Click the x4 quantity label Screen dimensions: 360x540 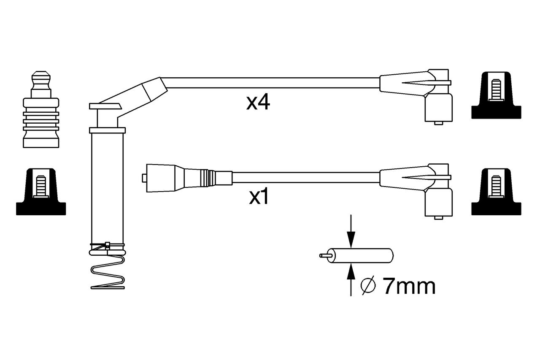point(258,103)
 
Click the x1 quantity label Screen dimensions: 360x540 point(259,197)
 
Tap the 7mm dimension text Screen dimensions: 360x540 point(409,287)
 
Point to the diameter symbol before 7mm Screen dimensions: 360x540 point(368,286)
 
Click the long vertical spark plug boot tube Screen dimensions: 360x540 point(107,186)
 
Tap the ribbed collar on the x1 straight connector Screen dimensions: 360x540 point(205,177)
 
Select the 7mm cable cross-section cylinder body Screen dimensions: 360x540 point(363,255)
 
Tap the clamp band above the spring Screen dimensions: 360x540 point(107,245)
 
